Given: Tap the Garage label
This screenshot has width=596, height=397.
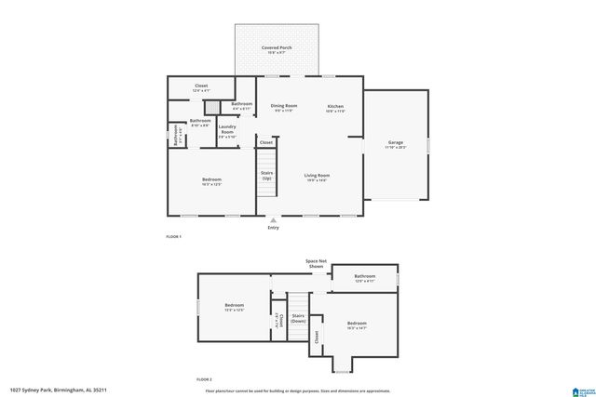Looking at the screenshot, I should coord(396,143).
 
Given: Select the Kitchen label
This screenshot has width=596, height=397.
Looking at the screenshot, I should coord(336,107).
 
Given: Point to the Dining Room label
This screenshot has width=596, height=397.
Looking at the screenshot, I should coord(284,107).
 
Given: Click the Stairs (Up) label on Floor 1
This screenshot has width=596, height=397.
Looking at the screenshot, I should coord(266,176).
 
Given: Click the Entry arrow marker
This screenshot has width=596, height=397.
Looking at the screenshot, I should coord(273,219).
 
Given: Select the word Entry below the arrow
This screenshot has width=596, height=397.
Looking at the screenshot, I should coord(273,228).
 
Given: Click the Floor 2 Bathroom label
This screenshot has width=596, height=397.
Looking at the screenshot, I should coord(364,276).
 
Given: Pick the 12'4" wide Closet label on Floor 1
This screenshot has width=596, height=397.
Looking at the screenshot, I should coord(201,86).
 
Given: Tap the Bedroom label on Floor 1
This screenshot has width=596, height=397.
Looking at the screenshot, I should coord(211,180).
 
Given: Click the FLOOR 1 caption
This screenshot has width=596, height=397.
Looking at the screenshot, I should coord(173,238).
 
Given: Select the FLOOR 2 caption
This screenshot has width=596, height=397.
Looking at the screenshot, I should coord(203,380).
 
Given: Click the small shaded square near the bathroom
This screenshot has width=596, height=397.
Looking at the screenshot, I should coord(212,106).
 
